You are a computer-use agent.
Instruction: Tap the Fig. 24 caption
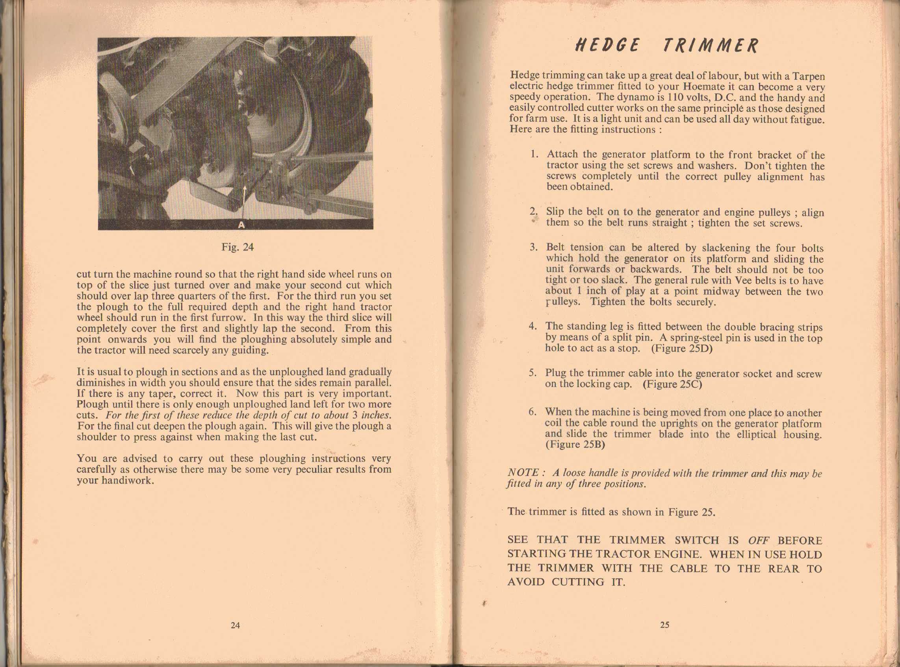tap(237, 247)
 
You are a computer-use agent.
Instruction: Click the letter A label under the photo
tap(241, 225)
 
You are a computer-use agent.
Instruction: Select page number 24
tap(235, 625)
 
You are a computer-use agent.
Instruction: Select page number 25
tap(664, 625)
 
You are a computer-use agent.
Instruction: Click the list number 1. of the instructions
tap(534, 154)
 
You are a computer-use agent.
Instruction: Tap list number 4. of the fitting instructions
tap(533, 326)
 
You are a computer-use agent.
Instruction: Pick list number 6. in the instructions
tap(533, 412)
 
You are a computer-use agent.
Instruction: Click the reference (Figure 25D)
tap(681, 348)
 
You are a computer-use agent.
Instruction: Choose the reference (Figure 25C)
tap(672, 384)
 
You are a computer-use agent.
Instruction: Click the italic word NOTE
tap(523, 472)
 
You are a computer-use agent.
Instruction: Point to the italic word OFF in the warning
tap(758, 541)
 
